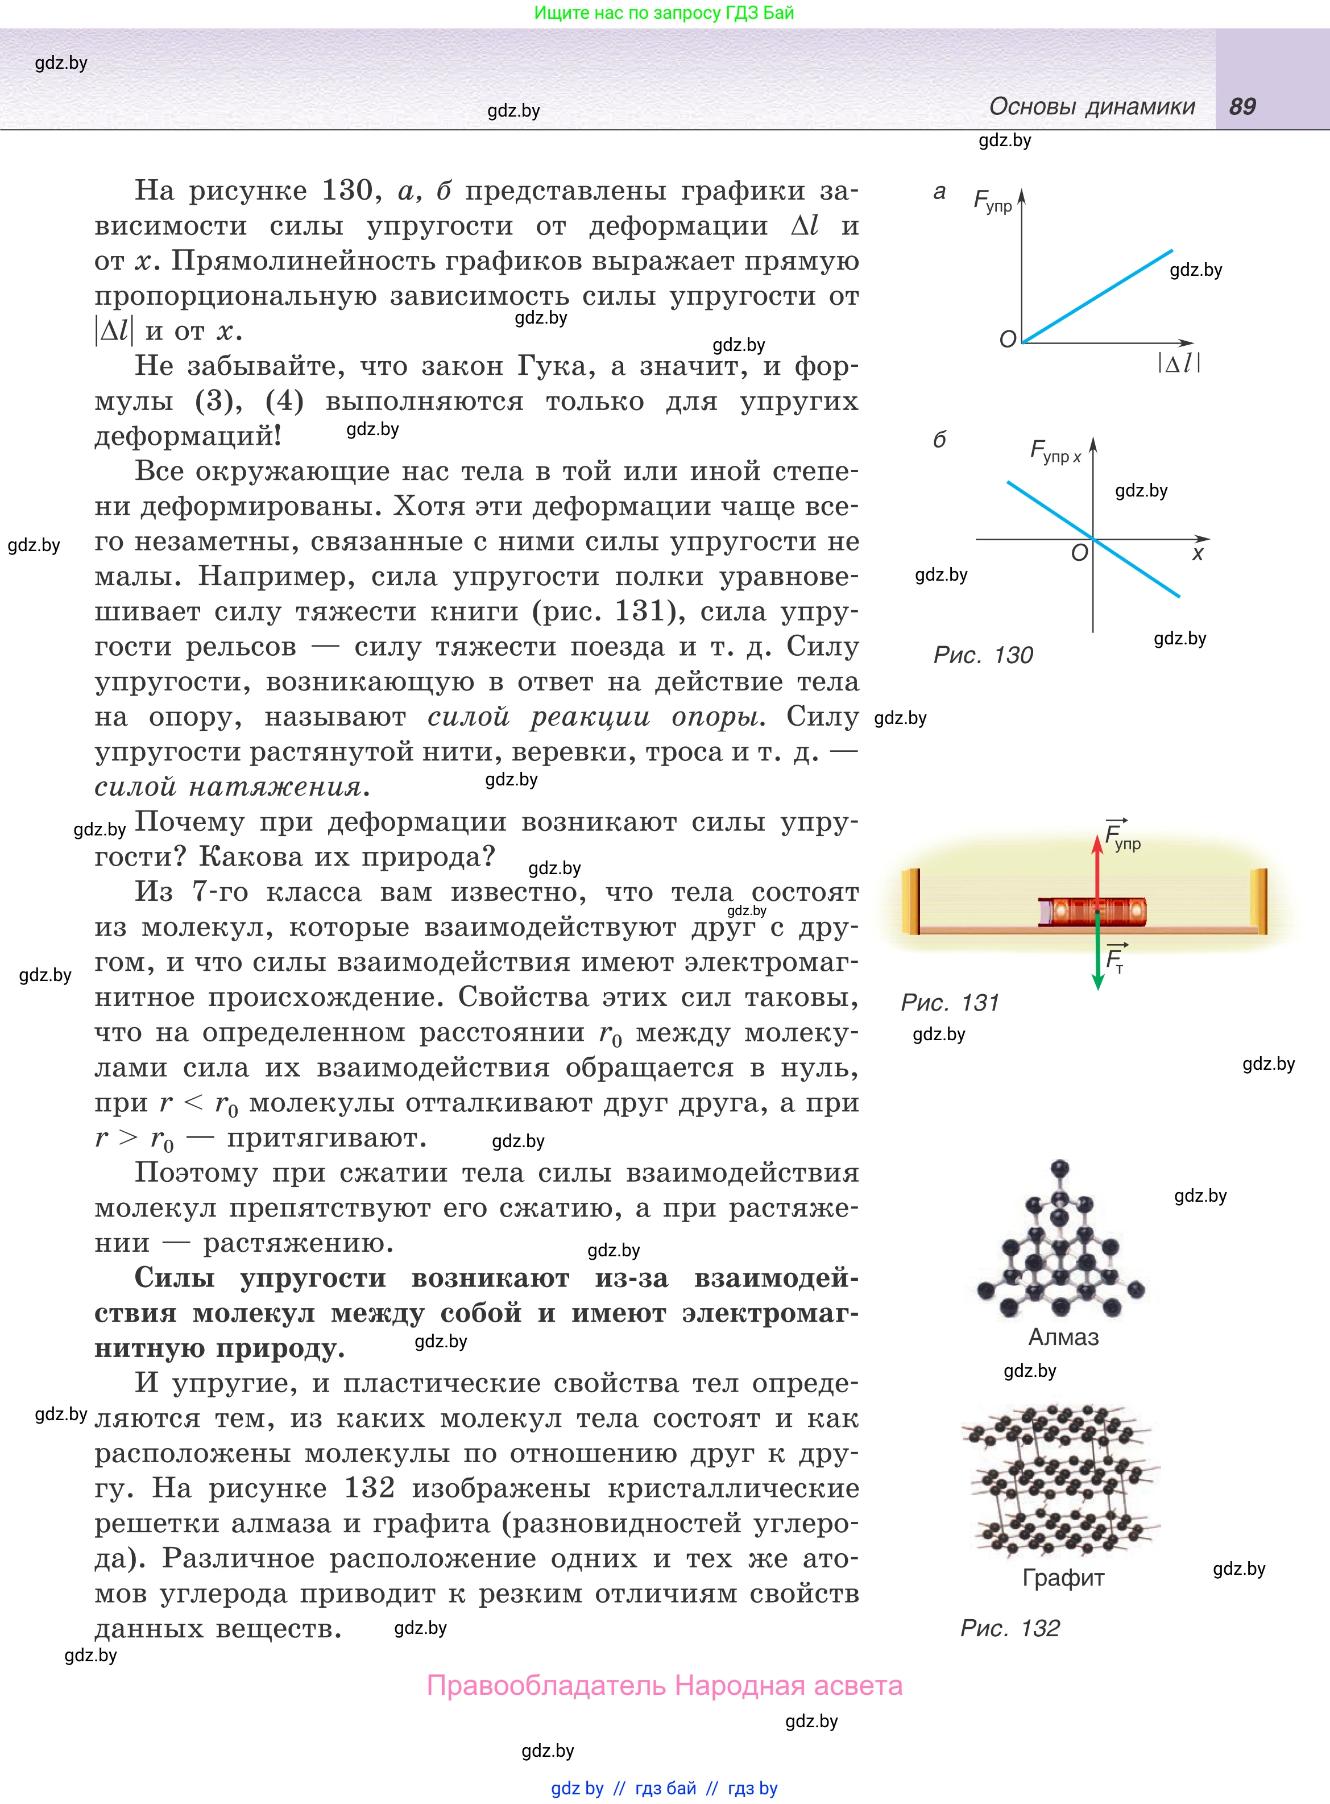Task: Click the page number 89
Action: pyautogui.click(x=1242, y=106)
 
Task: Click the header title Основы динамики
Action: pyautogui.click(x=1092, y=106)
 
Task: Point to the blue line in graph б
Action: pyautogui.click(x=1047, y=508)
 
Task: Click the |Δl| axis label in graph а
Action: pyautogui.click(x=1179, y=363)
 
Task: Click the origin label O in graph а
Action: pyautogui.click(x=1007, y=340)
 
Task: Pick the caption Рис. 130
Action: pyautogui.click(x=982, y=655)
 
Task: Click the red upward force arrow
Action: pyautogui.click(x=1096, y=870)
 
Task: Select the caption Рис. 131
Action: pyautogui.click(x=949, y=1002)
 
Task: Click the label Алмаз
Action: pyautogui.click(x=1063, y=1337)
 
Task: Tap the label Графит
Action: pyautogui.click(x=1063, y=1578)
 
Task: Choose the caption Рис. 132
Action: pyautogui.click(x=1009, y=1628)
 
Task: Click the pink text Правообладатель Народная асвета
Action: pyautogui.click(x=664, y=1686)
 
